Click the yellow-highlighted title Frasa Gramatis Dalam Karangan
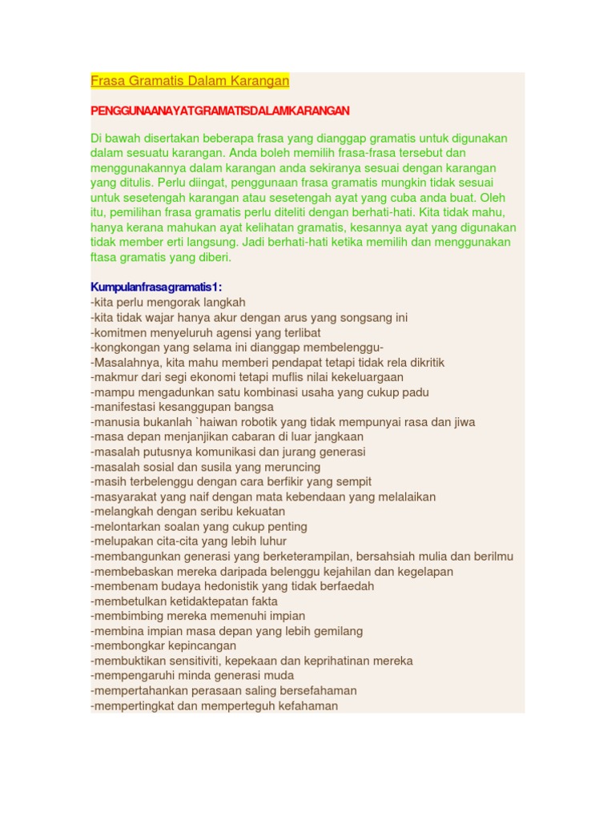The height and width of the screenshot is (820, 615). [x=190, y=81]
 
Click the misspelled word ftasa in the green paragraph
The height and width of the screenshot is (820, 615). [x=106, y=257]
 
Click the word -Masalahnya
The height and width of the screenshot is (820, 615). [x=122, y=362]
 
